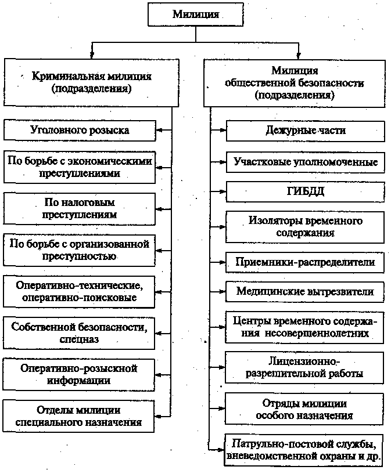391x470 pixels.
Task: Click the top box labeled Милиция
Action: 195,15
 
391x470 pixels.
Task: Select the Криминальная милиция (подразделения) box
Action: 91,82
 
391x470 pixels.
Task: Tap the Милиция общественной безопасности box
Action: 295,84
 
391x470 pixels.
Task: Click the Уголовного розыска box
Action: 80,131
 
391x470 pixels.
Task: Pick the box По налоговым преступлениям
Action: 79,209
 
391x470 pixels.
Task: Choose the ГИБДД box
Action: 305,191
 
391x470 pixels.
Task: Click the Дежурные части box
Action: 305,131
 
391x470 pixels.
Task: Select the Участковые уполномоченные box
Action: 305,162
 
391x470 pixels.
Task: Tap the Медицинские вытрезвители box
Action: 304,292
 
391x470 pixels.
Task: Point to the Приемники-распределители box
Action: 304,262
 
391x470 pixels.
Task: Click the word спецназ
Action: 79,339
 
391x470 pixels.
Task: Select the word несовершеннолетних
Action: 317,333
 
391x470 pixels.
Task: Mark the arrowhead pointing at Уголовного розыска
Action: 159,131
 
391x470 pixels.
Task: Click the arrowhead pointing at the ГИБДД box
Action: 223,191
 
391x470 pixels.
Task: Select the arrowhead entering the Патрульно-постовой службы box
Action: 221,450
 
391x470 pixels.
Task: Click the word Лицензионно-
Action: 304,361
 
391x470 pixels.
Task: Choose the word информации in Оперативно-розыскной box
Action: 79,381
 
